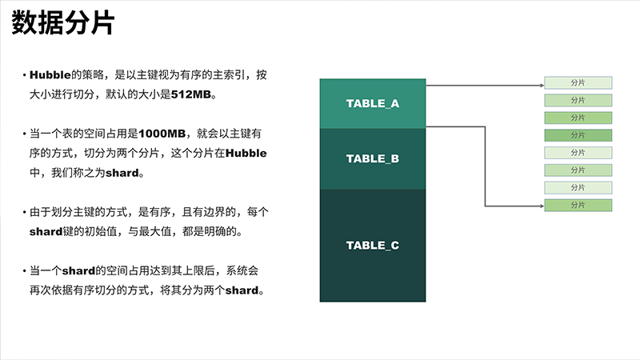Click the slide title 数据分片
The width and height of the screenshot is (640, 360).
[x=63, y=23]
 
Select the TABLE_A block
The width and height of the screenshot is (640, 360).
[x=373, y=104]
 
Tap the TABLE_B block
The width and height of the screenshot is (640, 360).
[x=373, y=158]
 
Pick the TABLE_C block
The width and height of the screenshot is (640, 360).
[x=373, y=246]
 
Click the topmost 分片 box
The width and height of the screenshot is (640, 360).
[x=578, y=83]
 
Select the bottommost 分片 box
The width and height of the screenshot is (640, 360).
[x=578, y=206]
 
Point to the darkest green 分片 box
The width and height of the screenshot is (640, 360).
[x=578, y=135]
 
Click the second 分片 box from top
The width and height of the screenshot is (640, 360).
[x=578, y=101]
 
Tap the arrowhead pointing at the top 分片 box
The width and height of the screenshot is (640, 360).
[x=542, y=86]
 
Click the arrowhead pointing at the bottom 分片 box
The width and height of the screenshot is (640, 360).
[x=542, y=206]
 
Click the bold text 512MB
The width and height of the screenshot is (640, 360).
[x=191, y=94]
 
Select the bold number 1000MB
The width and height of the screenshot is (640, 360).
[x=162, y=134]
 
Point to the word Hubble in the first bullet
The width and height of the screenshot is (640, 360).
[x=50, y=75]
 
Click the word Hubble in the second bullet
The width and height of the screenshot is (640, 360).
[x=246, y=153]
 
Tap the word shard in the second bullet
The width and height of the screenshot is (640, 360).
[x=122, y=173]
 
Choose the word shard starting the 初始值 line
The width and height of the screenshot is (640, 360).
[x=46, y=232]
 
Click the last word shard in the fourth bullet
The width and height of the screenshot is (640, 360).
[x=242, y=290]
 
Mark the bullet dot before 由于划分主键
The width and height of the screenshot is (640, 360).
[x=25, y=212]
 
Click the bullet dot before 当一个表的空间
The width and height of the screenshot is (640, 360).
[x=25, y=134]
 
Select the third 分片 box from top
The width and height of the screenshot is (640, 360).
[x=578, y=118]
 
